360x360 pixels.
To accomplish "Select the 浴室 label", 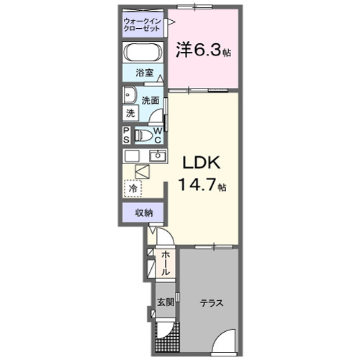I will point(145,73).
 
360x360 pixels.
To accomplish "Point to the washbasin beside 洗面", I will point(130,95).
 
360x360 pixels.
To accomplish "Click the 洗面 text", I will point(150,101).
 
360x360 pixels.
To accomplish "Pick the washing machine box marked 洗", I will point(130,113).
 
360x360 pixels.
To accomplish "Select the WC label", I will point(158,135).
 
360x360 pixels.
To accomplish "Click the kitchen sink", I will point(158,156).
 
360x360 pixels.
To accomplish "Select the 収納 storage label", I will point(144,212).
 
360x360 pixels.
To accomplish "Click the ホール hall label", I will point(165,264).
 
